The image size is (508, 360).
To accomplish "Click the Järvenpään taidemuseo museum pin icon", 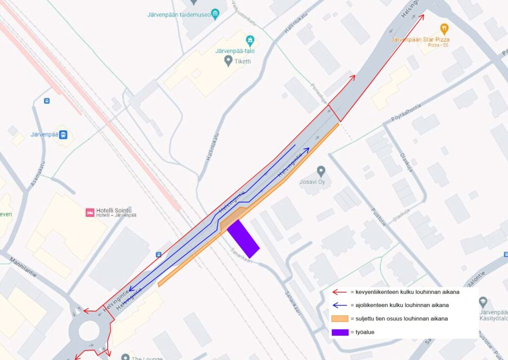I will pos(215,14).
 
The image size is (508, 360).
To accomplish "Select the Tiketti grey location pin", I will pos(228,60).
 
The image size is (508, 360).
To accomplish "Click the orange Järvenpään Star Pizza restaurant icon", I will pos(444,28).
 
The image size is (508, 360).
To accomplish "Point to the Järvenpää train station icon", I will pos(63,134).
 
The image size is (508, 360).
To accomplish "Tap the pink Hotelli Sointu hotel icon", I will pos(90,212).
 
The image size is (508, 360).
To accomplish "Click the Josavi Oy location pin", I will pos(321,172).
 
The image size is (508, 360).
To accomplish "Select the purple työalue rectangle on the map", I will pos(244,239).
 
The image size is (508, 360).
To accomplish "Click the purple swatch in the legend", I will pos(339,332).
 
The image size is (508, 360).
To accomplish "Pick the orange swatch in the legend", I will pos(339,318).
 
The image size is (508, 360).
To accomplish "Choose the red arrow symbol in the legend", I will pos(339,292).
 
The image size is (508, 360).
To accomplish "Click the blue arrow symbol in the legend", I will pos(339,305).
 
